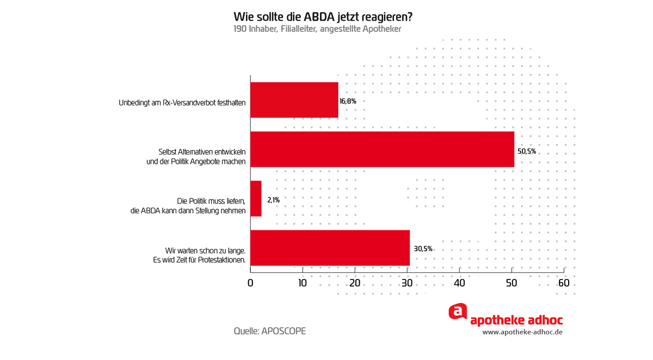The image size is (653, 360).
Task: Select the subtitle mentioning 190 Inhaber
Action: tap(317, 29)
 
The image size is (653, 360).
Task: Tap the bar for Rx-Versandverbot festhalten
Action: tap(294, 100)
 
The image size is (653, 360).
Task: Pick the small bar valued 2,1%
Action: tap(256, 198)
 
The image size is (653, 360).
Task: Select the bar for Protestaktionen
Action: tap(330, 247)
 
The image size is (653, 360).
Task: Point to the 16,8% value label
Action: tap(348, 102)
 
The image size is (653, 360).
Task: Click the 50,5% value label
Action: tap(527, 151)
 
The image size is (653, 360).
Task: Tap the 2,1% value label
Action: tap(273, 200)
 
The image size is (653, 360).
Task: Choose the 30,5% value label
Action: tap(423, 249)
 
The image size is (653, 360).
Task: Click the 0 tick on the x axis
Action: tap(250, 283)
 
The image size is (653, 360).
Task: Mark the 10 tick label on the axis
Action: tap(303, 283)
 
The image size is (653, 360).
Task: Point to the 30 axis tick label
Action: tap(407, 283)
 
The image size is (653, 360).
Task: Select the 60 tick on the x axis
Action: tap(564, 283)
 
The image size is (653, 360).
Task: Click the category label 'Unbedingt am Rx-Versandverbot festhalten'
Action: tap(182, 102)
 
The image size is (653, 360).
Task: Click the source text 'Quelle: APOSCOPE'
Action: tap(269, 331)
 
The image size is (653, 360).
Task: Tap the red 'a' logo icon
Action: tap(458, 312)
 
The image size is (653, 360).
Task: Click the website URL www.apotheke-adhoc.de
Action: tap(522, 332)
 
